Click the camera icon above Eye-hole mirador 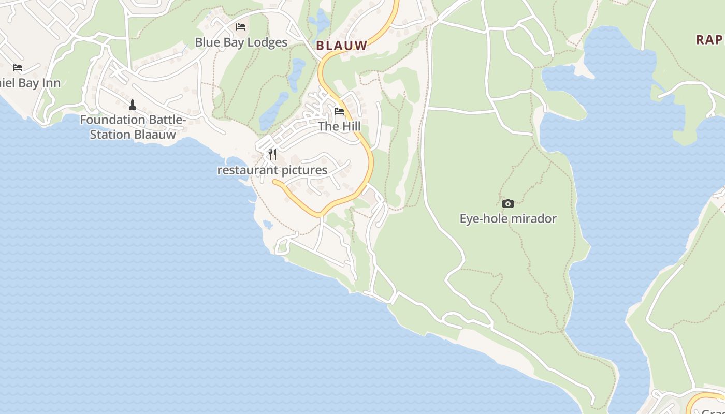508,203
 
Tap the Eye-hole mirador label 508,218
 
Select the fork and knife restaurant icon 272,154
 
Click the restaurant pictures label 272,170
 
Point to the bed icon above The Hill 339,111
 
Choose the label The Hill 339,126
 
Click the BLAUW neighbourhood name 342,46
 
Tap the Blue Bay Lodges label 241,42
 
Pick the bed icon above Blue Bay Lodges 241,26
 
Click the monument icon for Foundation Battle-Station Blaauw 133,105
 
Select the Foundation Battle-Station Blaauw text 133,127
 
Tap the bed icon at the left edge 18,67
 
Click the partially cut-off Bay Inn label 30,83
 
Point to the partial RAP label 709,40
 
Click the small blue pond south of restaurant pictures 268,224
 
